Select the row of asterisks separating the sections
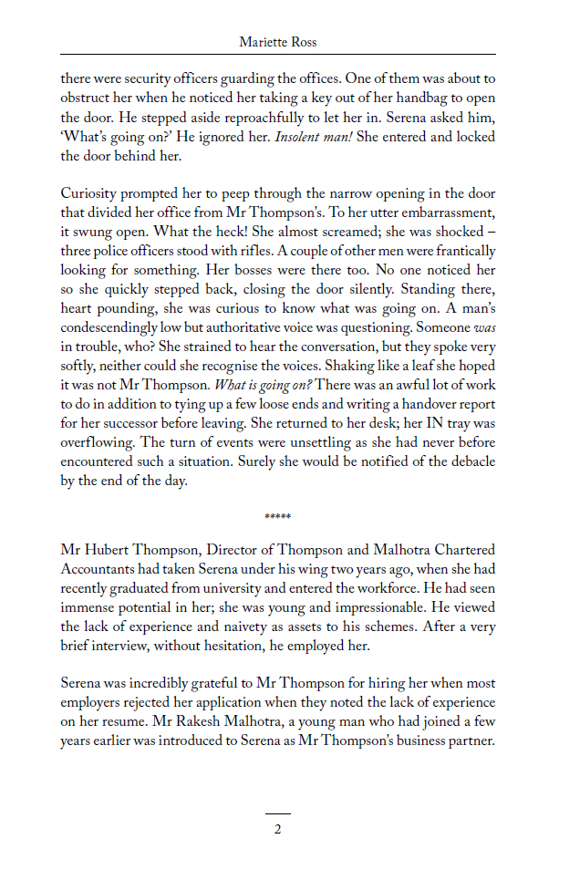coord(277,517)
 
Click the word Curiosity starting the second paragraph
coord(91,193)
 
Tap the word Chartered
coord(461,550)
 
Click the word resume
coord(103,721)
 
